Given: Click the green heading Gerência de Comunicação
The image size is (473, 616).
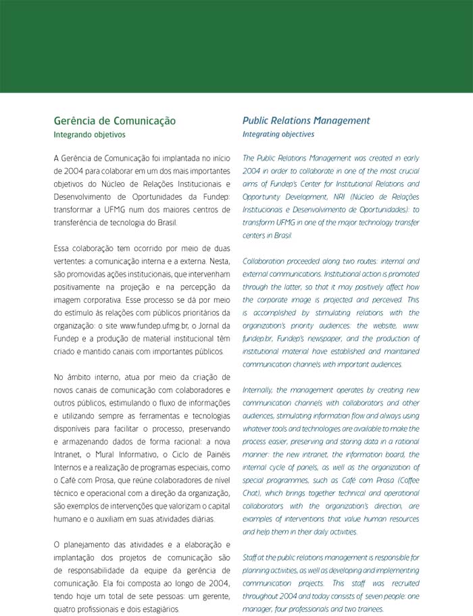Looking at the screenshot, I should click(114, 121).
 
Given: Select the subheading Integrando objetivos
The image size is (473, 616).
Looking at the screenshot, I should click(89, 134).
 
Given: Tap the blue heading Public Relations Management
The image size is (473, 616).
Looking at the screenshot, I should click(306, 121).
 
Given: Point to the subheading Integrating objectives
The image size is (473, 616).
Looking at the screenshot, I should click(278, 134).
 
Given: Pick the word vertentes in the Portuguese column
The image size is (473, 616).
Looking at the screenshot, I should click(71, 262).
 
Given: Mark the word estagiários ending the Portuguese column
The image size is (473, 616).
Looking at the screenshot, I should click(159, 609).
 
